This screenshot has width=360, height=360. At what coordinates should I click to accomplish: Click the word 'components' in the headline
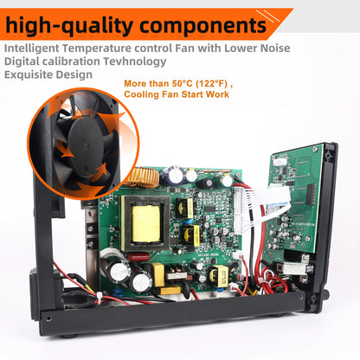[x=202, y=22]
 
